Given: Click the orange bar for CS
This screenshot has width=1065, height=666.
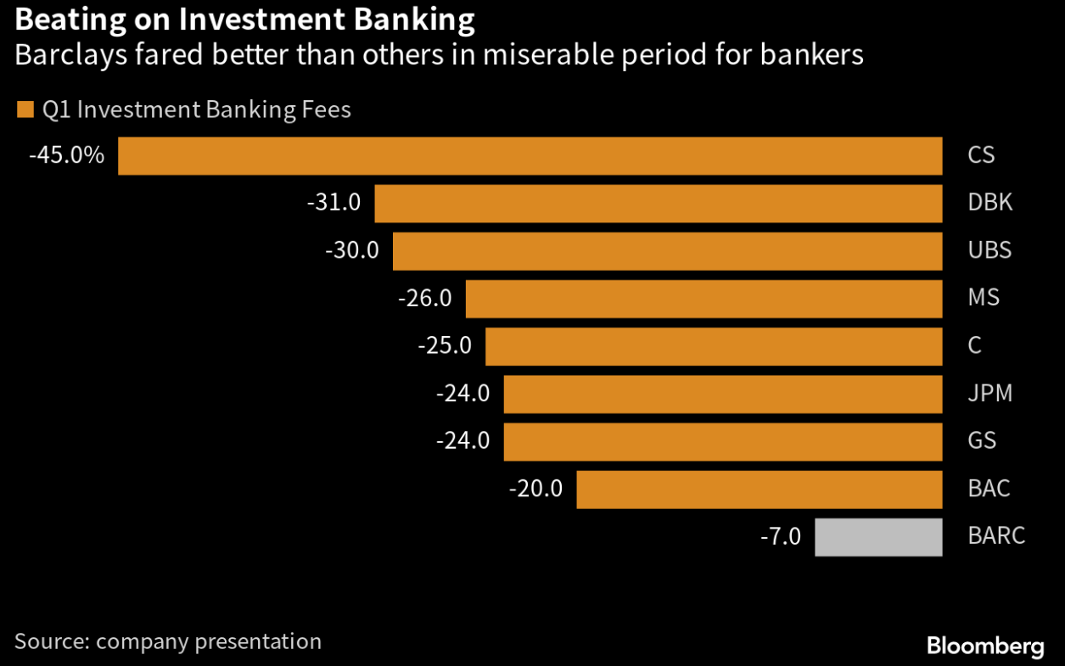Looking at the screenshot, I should (530, 156).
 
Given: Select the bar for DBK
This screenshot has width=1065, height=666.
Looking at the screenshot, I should (659, 204).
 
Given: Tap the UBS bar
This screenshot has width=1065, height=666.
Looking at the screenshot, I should (667, 251).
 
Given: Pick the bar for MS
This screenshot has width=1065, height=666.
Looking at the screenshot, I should (704, 299).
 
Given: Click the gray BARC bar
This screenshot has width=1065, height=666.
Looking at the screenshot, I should (878, 537).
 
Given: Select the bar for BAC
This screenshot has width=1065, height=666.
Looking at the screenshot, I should (760, 490).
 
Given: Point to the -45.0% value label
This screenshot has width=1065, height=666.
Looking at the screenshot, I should (66, 155).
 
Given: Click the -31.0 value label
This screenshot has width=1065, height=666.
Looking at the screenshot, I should (334, 203).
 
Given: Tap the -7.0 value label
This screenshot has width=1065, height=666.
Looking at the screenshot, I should (780, 536).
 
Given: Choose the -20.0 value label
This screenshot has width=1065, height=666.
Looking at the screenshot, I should (535, 489).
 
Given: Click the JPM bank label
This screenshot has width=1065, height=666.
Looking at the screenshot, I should (989, 394).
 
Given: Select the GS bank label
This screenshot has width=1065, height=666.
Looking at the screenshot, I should (982, 441).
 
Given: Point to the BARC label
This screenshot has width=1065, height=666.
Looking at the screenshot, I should (996, 536).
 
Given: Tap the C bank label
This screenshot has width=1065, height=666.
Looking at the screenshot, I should (974, 345).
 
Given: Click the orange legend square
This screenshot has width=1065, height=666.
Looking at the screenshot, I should (25, 109).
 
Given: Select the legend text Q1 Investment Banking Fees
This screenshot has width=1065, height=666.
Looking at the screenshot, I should (196, 110).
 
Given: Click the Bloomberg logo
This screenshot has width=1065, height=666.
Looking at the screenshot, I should (984, 646).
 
